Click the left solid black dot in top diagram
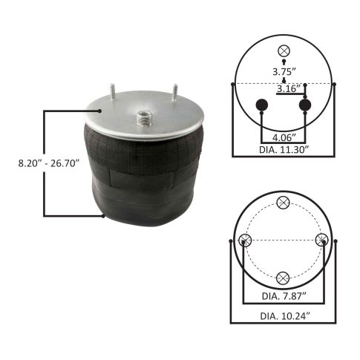pos(261,105)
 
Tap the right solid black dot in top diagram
pos(305,105)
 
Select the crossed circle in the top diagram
pos(283,51)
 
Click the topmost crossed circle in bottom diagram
pos(283,203)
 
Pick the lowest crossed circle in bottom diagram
pos(283,278)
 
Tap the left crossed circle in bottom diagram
pos(246,240)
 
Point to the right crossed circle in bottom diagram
pos(321,240)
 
